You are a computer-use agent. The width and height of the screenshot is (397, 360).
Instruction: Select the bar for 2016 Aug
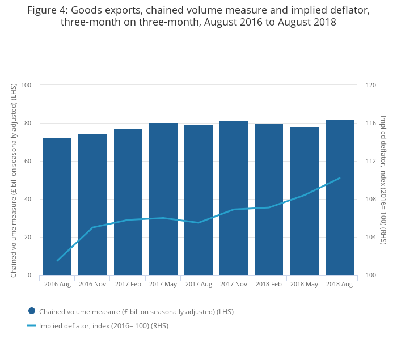[57, 206]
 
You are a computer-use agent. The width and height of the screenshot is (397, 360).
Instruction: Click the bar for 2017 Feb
[128, 202]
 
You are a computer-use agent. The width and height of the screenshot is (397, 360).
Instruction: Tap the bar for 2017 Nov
[234, 198]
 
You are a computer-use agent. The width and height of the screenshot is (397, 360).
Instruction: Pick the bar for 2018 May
[305, 201]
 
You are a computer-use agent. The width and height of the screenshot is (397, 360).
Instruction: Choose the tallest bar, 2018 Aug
[340, 197]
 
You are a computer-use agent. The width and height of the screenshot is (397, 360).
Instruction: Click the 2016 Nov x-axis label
[92, 284]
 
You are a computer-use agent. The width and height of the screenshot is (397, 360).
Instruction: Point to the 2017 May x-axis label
[163, 284]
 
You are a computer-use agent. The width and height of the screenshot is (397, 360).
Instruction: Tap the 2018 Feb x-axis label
[269, 284]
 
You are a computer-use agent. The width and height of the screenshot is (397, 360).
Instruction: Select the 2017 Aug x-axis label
[198, 284]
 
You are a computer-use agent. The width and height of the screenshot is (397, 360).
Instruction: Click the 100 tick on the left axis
[26, 85]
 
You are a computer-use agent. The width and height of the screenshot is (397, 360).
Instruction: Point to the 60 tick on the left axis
[28, 161]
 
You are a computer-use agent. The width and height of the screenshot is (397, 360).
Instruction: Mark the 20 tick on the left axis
[28, 237]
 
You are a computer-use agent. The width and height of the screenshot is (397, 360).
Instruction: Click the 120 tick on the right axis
[371, 85]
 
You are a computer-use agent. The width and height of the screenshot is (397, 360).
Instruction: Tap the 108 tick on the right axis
[371, 199]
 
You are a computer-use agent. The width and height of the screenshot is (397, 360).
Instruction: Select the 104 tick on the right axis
[371, 237]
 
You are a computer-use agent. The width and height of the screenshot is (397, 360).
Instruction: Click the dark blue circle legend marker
[32, 311]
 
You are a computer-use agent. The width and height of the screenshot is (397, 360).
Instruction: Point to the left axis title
[14, 180]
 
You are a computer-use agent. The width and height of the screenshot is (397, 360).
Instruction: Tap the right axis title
[383, 180]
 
